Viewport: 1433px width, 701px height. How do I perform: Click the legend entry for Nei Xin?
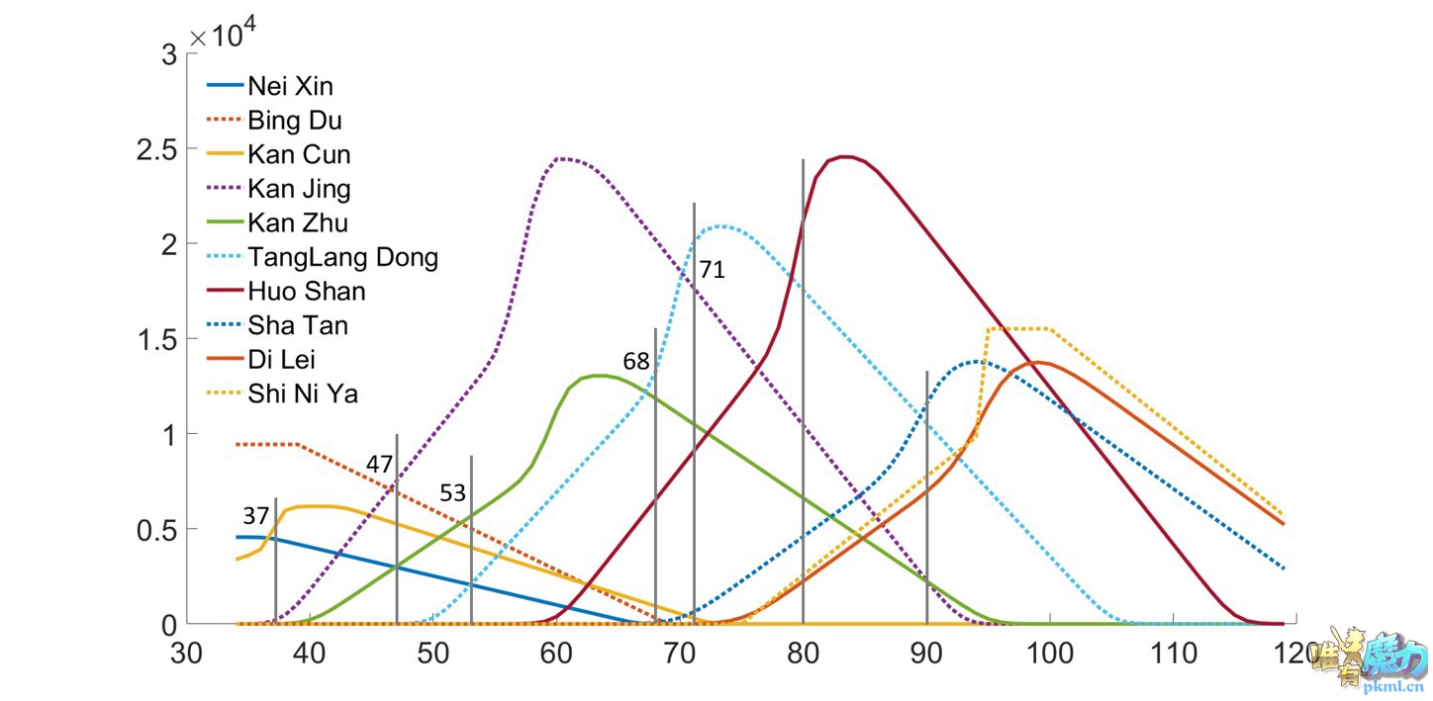point(290,87)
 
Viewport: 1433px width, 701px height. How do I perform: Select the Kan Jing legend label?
point(299,189)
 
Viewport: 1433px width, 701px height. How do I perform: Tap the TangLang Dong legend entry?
point(342,258)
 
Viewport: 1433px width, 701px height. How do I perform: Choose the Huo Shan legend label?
point(306,292)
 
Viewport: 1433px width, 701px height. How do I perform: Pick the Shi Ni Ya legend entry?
point(303,394)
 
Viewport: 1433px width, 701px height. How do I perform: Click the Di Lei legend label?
point(282,360)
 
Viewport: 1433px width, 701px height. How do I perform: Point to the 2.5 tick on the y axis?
point(155,149)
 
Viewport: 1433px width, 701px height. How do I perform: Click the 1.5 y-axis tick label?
point(155,339)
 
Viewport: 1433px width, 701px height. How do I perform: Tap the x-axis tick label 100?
point(1050,654)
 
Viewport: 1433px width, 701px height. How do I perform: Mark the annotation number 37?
point(255,516)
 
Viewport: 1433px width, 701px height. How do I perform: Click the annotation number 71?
point(713,269)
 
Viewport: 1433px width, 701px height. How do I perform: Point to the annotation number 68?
point(636,362)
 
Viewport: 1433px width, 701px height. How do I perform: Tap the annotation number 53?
point(452,493)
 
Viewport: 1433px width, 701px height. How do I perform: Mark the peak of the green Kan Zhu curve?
point(599,376)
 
